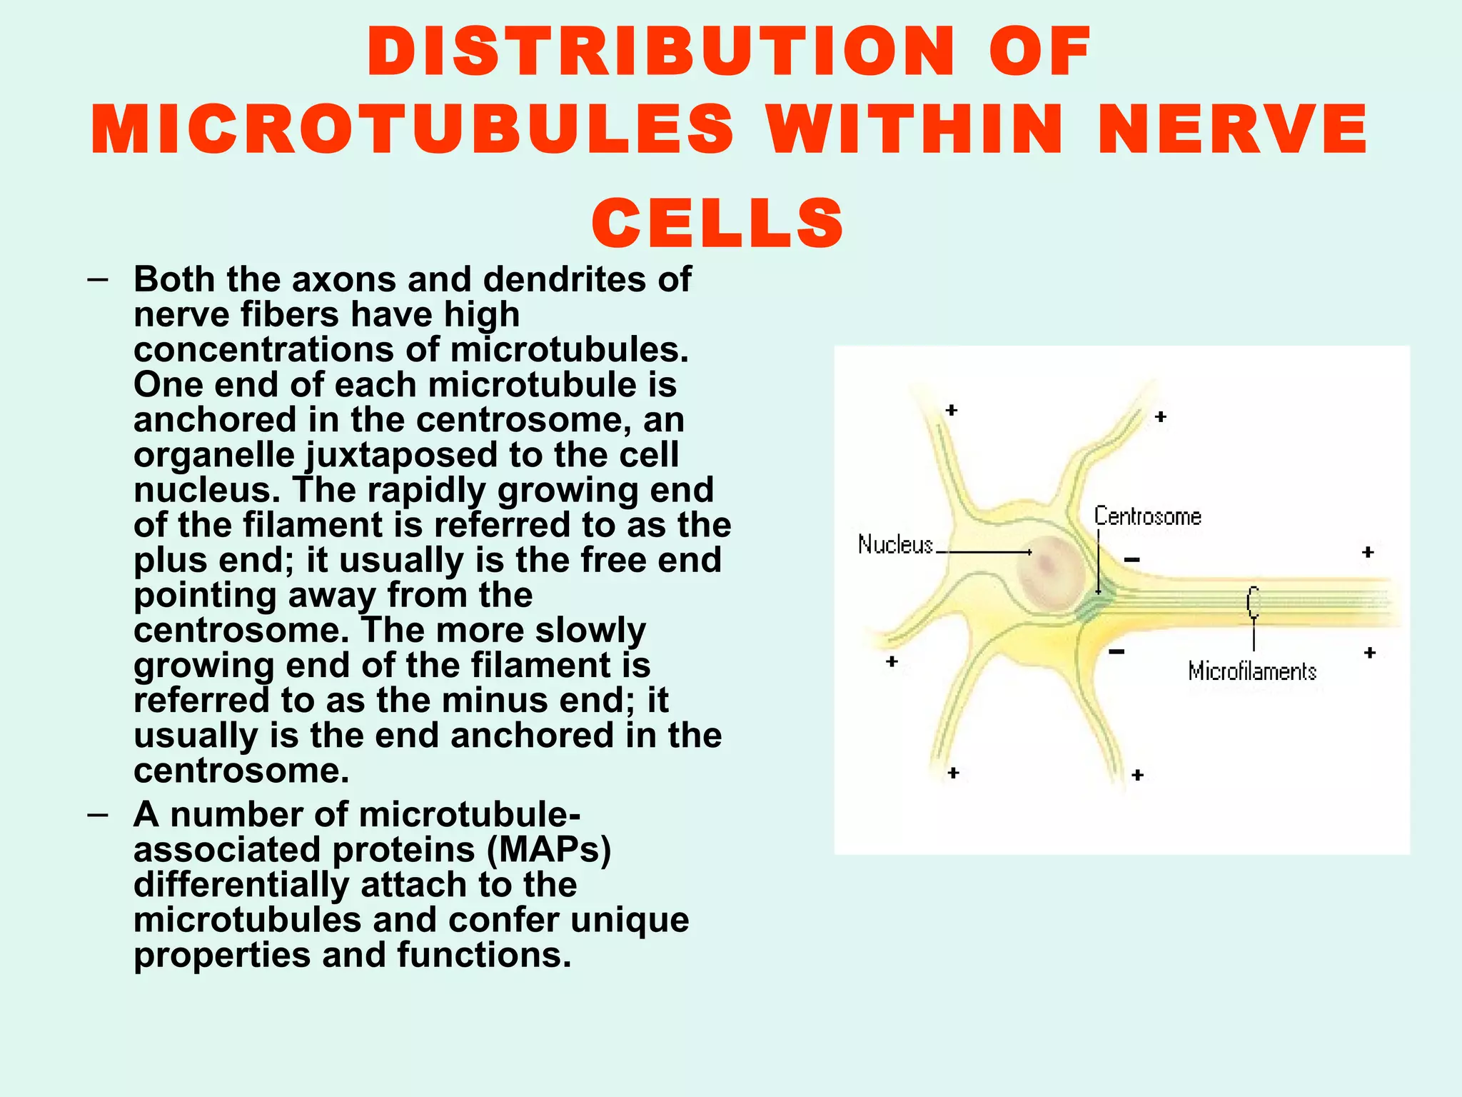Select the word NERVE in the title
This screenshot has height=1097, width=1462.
coord(1233,129)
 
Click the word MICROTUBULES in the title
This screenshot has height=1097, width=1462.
coord(412,129)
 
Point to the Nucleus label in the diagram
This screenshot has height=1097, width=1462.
coord(895,545)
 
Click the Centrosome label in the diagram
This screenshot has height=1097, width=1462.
coord(1147,516)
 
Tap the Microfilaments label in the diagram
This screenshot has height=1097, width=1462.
coord(1251,671)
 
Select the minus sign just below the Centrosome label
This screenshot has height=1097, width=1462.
coord(1132,559)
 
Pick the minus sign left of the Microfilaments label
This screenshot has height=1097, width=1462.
coord(1117,651)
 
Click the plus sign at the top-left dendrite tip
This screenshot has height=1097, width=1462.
coord(952,410)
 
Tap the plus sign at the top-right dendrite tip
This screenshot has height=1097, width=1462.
coord(1161,416)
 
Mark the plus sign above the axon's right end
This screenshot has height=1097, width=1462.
coord(1368,551)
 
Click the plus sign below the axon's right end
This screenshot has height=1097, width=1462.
coord(1370,652)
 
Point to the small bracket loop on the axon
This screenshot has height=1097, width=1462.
coord(1253,602)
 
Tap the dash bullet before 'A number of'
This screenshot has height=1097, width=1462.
coord(98,814)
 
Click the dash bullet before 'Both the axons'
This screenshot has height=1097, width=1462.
coord(98,279)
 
